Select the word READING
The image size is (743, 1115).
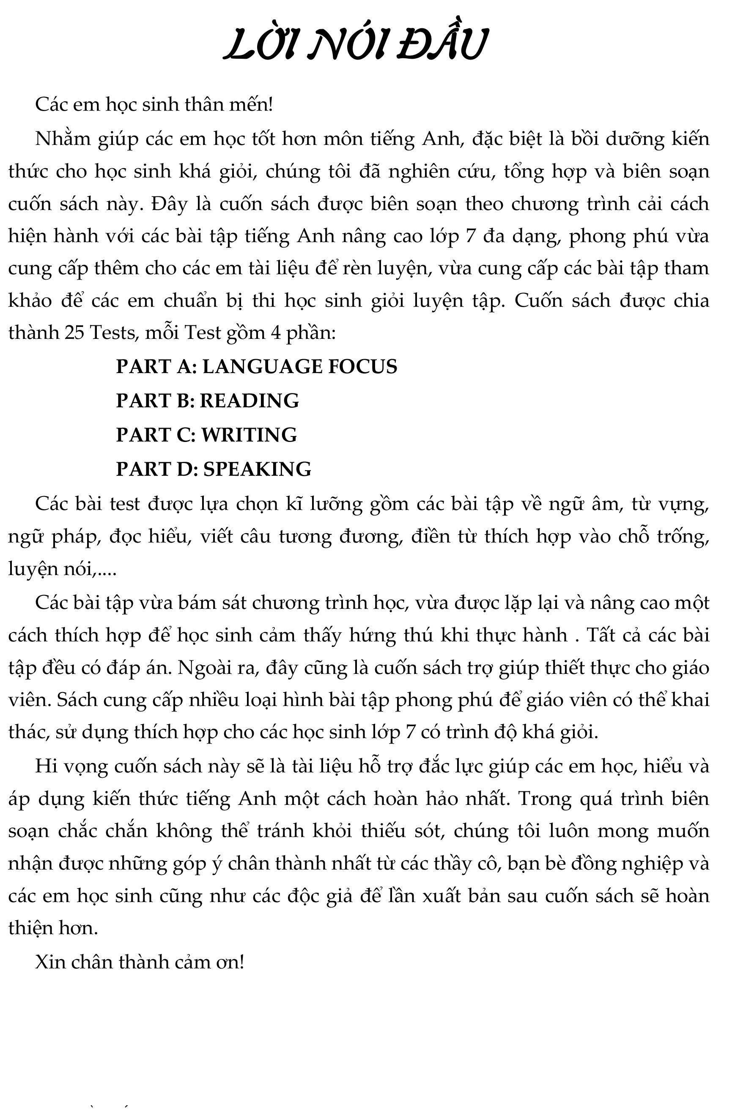249,401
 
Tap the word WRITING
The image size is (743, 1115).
249,435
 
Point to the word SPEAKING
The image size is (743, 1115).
257,469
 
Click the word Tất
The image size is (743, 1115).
601,635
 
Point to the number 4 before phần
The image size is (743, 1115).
276,333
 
